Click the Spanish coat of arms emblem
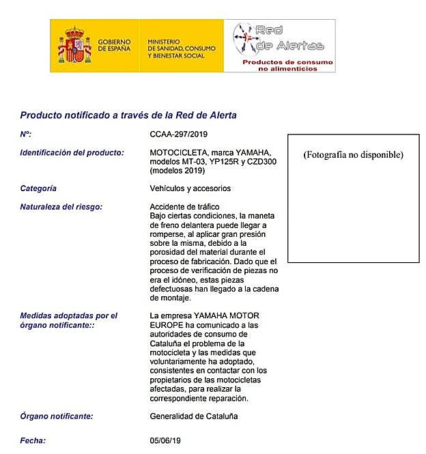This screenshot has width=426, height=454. point(74,46)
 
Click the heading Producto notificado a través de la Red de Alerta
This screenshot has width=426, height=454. point(128,115)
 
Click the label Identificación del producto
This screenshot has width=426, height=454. point(72,152)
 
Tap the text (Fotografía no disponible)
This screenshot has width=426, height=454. point(353,155)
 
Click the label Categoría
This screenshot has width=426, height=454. point(39,188)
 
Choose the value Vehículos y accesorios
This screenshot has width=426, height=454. point(190,188)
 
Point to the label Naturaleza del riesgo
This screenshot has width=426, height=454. point(61,207)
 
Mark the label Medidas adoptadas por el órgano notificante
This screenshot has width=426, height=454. point(69,321)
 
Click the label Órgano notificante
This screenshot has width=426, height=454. point(57,416)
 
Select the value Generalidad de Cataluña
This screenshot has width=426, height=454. point(194,416)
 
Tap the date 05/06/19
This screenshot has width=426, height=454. point(166,441)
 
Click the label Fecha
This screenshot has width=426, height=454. point(33,441)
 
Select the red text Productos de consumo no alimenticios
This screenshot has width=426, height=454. point(288,66)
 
